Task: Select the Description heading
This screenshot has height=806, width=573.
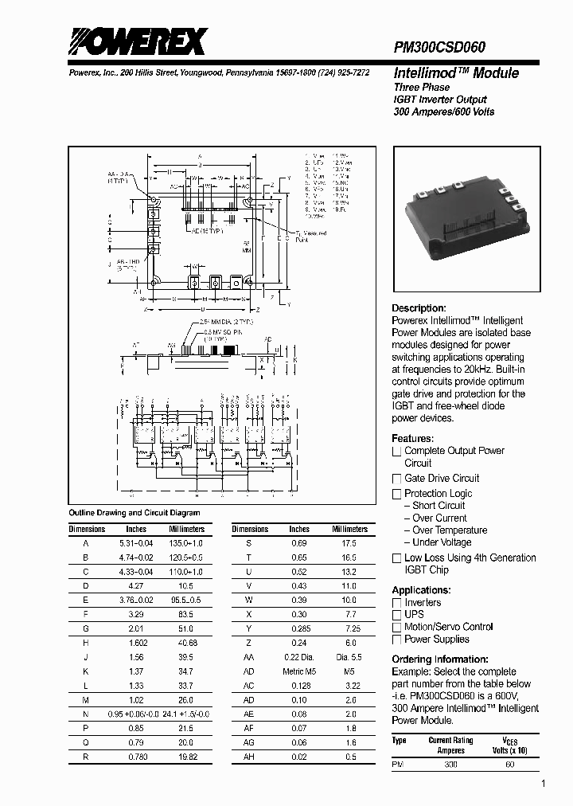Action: [419, 308]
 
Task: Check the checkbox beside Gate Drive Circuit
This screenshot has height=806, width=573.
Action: [396, 479]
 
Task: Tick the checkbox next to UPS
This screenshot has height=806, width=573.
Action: [396, 615]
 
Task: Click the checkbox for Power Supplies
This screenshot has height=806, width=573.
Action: [396, 640]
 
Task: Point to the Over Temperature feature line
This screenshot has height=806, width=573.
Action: [450, 530]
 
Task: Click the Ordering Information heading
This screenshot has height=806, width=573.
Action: [440, 659]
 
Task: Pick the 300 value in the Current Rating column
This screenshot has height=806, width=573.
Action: [450, 765]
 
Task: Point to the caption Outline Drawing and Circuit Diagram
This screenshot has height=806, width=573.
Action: [134, 513]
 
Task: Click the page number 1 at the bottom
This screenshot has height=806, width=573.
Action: [543, 784]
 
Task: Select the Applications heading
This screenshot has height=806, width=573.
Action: [421, 590]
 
